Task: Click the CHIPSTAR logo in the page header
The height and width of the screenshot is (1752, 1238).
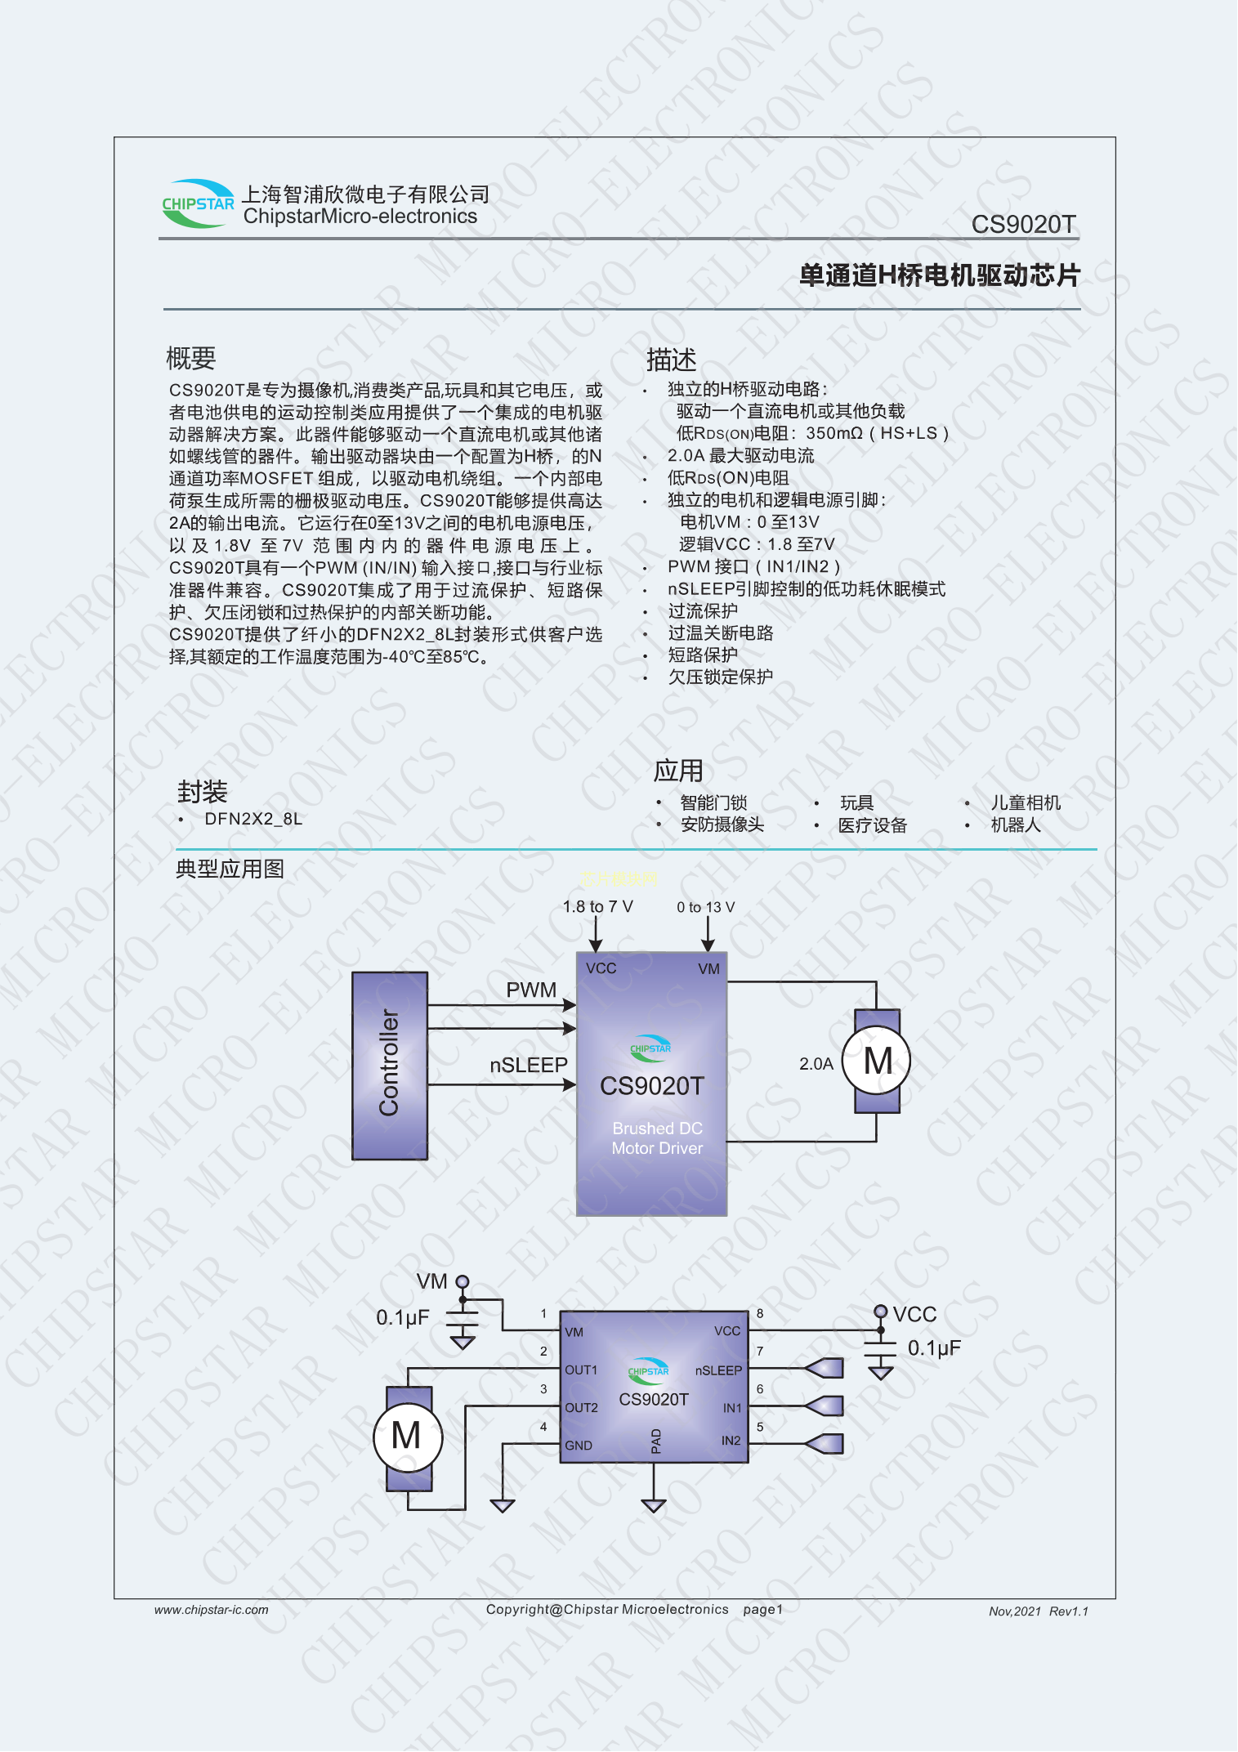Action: tap(199, 203)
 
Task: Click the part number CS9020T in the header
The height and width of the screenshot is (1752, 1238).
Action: tap(1023, 224)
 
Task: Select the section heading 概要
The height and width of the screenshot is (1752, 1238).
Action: tap(191, 358)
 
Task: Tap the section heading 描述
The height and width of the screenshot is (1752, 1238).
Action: tap(672, 360)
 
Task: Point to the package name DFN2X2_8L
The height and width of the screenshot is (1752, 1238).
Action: tap(253, 819)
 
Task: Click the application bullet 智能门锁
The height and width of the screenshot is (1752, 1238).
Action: tap(713, 802)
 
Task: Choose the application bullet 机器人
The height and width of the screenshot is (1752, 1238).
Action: tap(1016, 825)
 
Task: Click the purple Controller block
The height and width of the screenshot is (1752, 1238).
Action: tap(390, 1066)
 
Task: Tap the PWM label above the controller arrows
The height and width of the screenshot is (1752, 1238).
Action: tap(531, 990)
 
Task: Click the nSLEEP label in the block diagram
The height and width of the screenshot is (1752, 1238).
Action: tap(529, 1065)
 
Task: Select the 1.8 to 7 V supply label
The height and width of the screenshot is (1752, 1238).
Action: tap(597, 906)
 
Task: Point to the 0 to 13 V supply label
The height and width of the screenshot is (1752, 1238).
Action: tap(705, 907)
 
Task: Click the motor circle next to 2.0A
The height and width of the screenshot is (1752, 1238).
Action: tap(877, 1061)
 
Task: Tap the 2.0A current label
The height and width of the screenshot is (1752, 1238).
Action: tap(816, 1064)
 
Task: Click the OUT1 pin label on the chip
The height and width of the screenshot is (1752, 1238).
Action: tap(581, 1370)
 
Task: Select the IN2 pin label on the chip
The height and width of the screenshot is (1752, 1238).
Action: tap(731, 1441)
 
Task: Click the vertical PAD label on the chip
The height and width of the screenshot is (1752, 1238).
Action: tap(655, 1441)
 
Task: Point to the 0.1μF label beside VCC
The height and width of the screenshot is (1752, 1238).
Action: tap(934, 1348)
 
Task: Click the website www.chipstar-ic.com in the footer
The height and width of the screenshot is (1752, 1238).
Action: tap(211, 1610)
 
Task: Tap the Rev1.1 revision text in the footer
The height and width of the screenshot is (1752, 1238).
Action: tap(1069, 1611)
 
